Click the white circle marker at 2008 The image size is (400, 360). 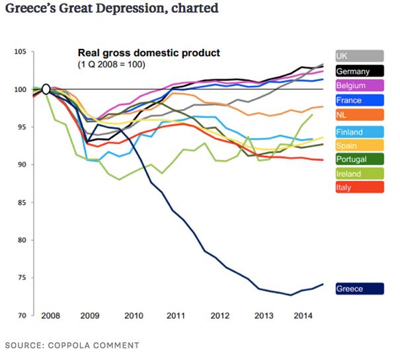point(46,89)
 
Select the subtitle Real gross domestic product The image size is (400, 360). point(149,52)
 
